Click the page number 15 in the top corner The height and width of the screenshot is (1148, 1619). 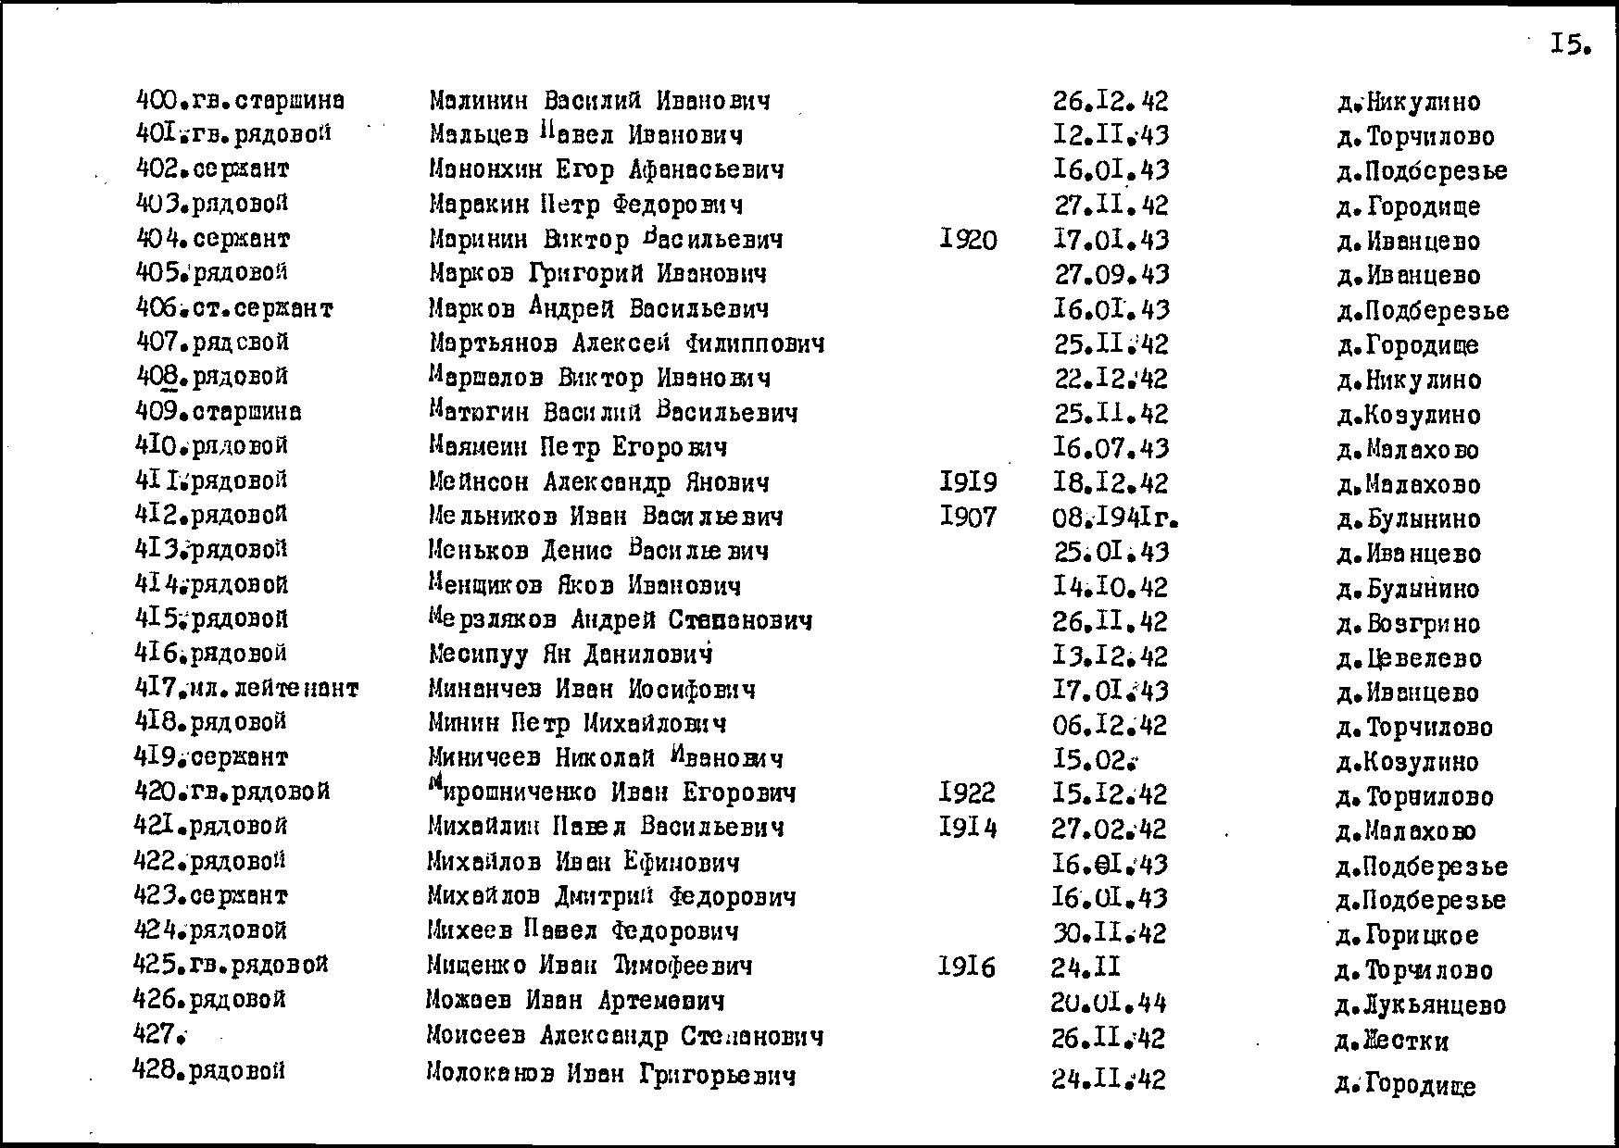tap(1569, 44)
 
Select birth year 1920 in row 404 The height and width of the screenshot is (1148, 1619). tap(968, 241)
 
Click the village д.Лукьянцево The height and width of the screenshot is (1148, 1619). tap(1421, 1005)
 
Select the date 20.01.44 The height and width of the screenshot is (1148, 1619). tap(1109, 1003)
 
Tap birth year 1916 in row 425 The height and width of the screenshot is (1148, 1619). tap(967, 967)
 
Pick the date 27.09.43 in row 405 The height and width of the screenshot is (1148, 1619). tap(1111, 275)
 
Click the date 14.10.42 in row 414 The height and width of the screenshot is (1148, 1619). tap(1111, 587)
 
